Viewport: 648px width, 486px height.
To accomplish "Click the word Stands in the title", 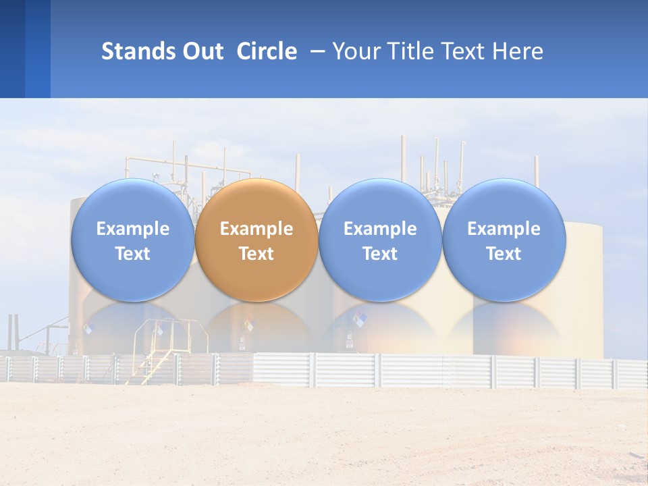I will click(138, 51).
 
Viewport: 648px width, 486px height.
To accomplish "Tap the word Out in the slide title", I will click(202, 51).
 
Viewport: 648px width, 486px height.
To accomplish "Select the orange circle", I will click(256, 240).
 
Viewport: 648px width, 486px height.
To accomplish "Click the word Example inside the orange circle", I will click(256, 229).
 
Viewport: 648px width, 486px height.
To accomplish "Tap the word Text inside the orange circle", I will click(256, 254).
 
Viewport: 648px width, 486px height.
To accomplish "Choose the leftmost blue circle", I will click(133, 240).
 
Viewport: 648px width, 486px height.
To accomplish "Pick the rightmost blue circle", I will click(504, 240).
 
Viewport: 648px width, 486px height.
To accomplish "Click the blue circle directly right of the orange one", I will click(380, 240).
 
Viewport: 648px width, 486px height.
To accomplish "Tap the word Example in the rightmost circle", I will click(504, 229).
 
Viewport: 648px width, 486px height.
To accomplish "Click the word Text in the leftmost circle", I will click(133, 254).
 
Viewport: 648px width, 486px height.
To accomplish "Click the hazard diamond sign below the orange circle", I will click(249, 325).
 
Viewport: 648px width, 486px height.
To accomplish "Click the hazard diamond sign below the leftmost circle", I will click(88, 328).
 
